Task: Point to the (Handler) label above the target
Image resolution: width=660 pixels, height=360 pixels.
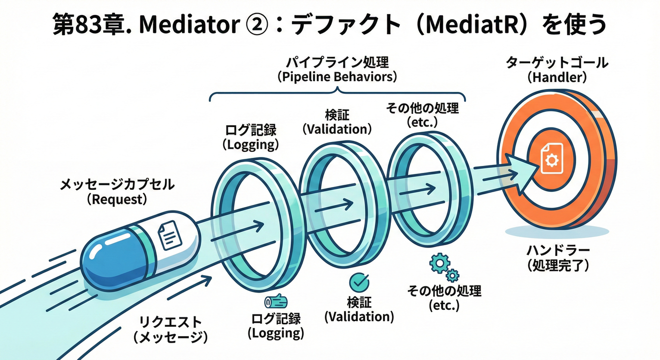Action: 557,77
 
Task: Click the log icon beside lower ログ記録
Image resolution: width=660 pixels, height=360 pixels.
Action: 276,301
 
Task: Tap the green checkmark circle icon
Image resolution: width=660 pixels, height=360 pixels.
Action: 360,282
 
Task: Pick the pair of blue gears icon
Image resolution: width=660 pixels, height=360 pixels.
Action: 443,267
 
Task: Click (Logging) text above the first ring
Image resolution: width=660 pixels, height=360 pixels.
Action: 250,145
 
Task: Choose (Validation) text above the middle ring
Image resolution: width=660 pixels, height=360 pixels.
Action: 337,129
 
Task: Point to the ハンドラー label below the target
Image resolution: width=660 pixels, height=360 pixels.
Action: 557,251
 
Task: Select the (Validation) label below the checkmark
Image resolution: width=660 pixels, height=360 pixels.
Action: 359,317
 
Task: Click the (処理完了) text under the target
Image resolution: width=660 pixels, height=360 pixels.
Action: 557,266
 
